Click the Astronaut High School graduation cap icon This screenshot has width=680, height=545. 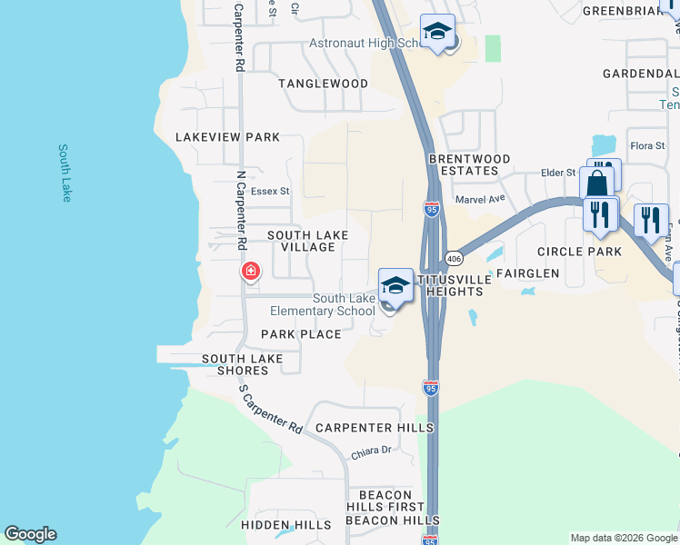pyautogui.click(x=438, y=33)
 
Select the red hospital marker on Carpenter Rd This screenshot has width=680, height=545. pyautogui.click(x=250, y=272)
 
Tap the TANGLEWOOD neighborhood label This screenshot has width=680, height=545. pyautogui.click(x=323, y=84)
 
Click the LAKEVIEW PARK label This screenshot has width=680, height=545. pyautogui.click(x=227, y=137)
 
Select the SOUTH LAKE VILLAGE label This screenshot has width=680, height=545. pyautogui.click(x=307, y=241)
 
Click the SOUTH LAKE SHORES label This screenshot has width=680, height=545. pyautogui.click(x=243, y=365)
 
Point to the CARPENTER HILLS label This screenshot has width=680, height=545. pyautogui.click(x=374, y=428)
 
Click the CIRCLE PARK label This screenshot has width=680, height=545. pyautogui.click(x=579, y=252)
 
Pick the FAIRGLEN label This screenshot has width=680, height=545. pyautogui.click(x=526, y=272)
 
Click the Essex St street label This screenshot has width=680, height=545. pyautogui.click(x=270, y=192)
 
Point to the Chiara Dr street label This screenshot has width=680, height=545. pyautogui.click(x=371, y=451)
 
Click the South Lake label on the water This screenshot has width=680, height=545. pyautogui.click(x=65, y=173)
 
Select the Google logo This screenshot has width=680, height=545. pyautogui.click(x=30, y=534)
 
